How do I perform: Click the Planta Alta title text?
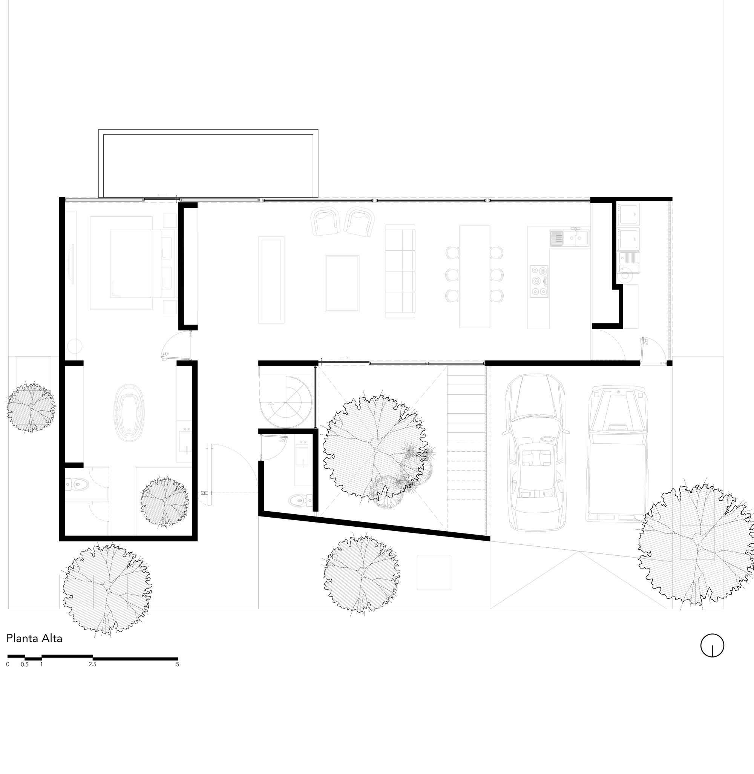pos(34,639)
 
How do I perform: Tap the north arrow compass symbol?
pos(712,656)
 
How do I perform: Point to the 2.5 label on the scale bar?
pos(92,672)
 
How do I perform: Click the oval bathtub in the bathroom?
pos(129,412)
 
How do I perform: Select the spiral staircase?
pos(286,402)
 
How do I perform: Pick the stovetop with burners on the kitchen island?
pos(539,281)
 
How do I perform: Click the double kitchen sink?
pos(576,237)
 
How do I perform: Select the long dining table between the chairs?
pos(474,276)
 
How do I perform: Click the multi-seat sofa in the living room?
pos(400,271)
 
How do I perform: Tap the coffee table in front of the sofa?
pos(342,283)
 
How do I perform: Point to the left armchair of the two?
pos(325,222)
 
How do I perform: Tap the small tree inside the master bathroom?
pos(164,502)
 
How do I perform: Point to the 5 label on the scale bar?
pos(178,672)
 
